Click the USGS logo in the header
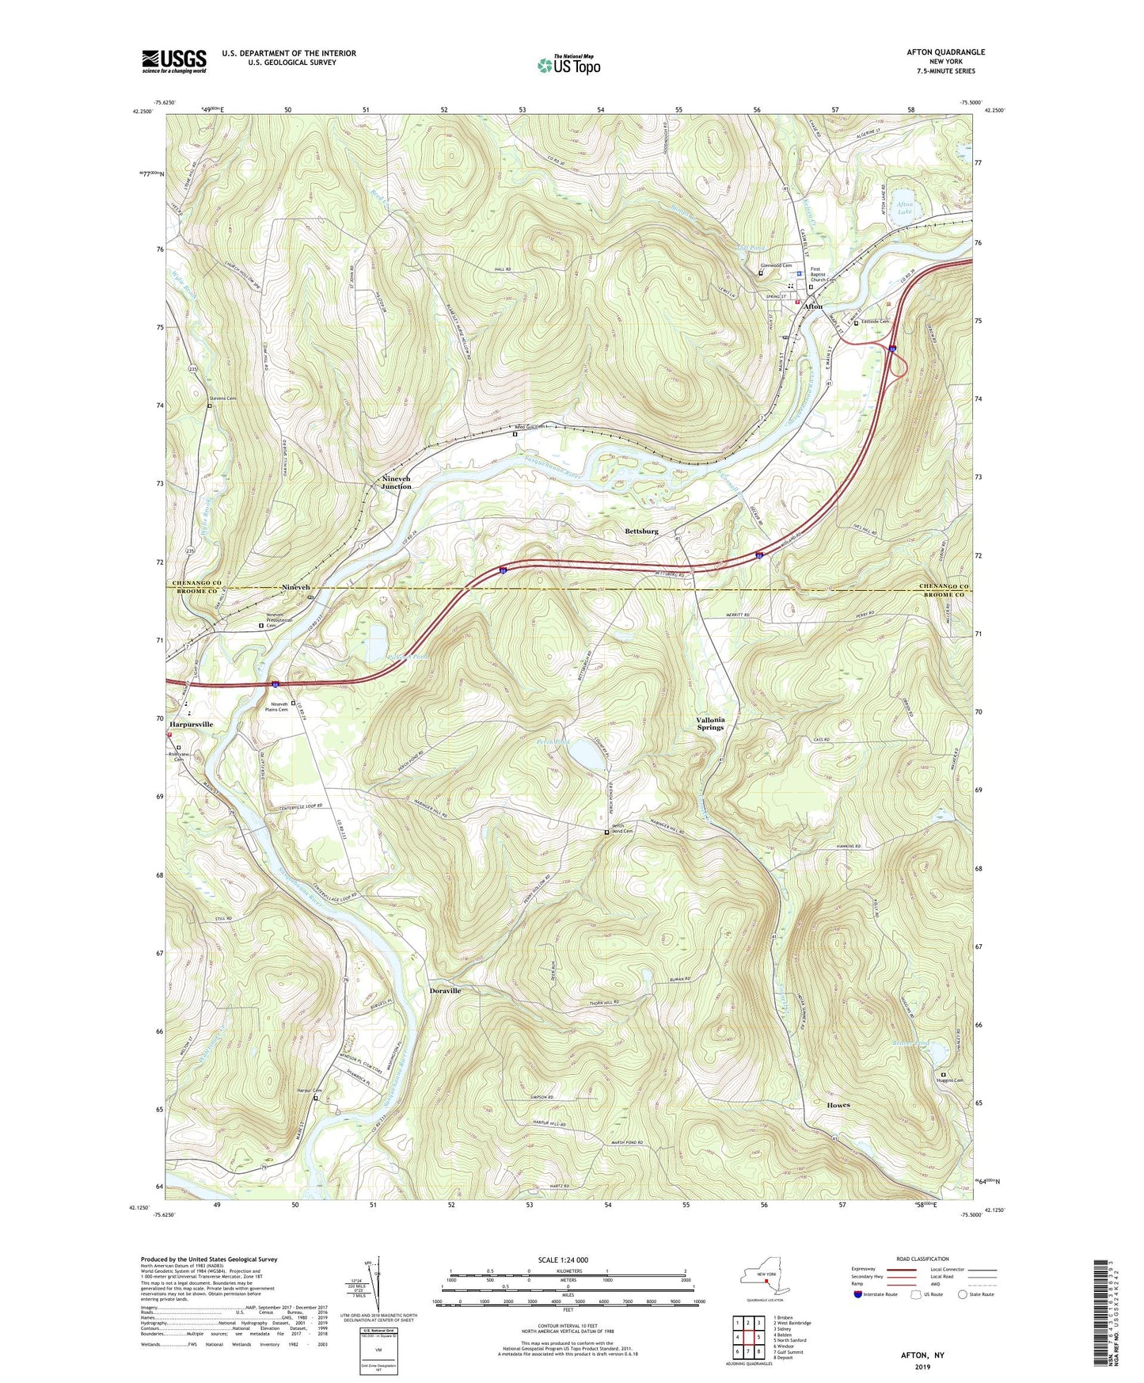[174, 61]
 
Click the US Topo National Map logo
[568, 65]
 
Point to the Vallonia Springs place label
[710, 723]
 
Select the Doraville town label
[445, 991]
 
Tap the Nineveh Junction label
[397, 482]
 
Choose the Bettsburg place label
[641, 531]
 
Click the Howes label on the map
[838, 1105]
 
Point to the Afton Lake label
[904, 208]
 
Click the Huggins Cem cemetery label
[952, 1080]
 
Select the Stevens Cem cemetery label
[222, 398]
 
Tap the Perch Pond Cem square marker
[607, 832]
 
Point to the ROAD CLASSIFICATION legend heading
[922, 1259]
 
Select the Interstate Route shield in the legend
[858, 1294]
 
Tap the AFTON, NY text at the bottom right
[922, 1355]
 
